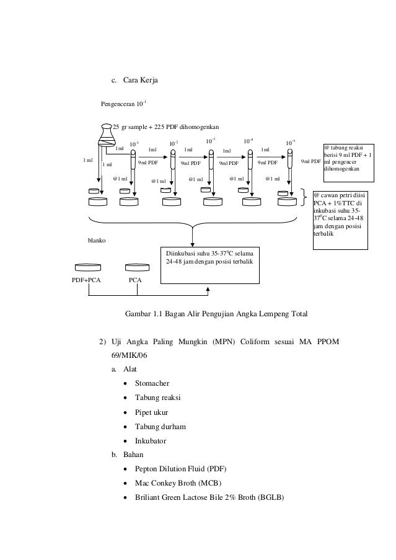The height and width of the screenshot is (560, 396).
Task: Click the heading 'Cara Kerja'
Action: [x=139, y=79]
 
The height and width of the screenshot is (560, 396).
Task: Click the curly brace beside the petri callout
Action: [x=305, y=198]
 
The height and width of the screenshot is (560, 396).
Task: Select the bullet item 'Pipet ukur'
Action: [x=151, y=412]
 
